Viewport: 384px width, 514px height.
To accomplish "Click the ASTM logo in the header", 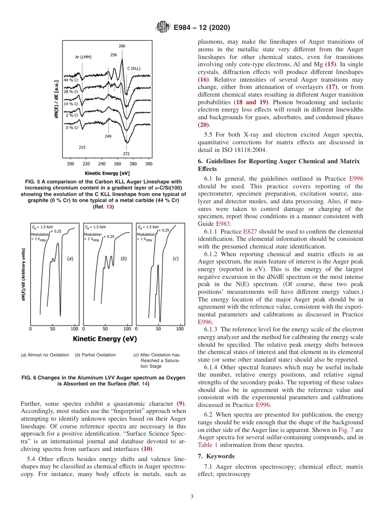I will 162,27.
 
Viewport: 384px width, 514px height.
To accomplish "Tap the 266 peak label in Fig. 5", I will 122,46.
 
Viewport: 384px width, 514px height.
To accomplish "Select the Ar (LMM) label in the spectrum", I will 83,57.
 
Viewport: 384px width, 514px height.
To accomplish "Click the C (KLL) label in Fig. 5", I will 134,68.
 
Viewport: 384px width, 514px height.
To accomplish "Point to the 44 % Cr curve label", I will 71,80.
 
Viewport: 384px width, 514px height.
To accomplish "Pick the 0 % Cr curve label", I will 72,128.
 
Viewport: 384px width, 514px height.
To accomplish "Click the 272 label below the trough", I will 127,154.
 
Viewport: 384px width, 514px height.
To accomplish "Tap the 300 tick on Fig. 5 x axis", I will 148,164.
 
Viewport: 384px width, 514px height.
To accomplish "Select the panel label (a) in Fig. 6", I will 70,258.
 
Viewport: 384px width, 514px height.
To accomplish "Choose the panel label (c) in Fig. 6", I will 175,258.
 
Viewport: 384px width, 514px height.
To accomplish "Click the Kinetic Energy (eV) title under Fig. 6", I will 105,339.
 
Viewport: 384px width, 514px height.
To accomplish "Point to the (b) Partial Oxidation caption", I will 95,355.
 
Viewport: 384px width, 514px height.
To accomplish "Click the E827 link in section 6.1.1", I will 249,232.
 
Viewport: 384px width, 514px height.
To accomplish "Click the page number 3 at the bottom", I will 192,497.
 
